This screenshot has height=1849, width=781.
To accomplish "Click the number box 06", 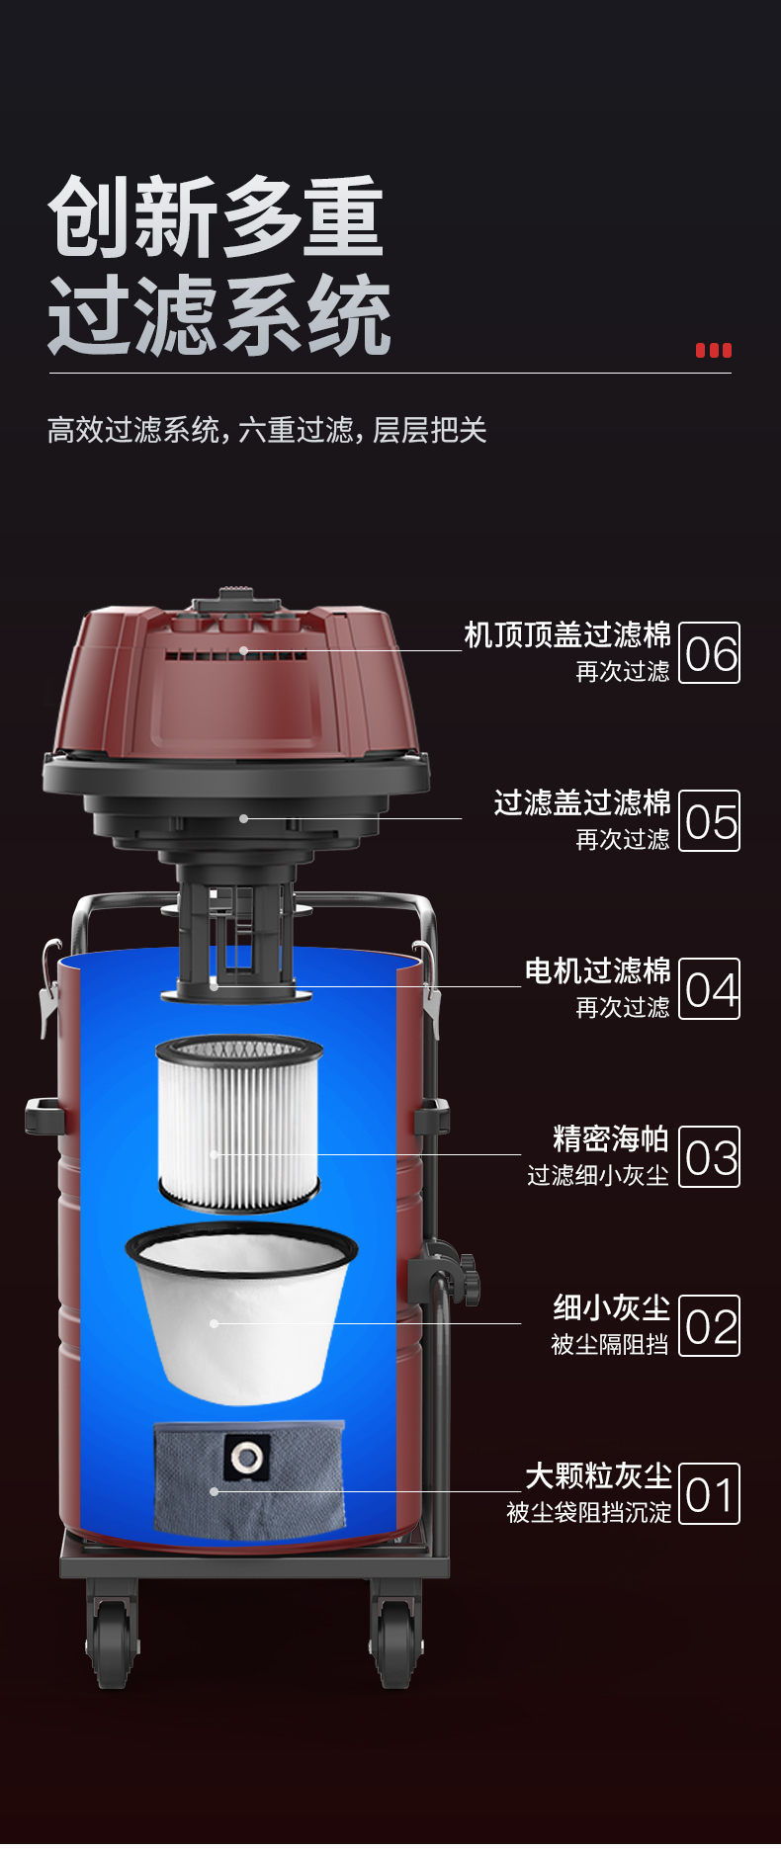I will (710, 652).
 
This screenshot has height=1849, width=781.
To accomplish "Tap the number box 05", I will (710, 820).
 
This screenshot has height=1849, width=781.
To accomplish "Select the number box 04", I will (710, 988).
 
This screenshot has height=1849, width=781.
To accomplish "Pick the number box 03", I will (710, 1156).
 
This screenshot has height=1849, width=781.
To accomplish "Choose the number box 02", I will (710, 1325).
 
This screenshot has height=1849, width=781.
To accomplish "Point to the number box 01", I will (710, 1493).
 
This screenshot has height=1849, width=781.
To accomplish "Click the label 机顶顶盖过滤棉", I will (567, 634).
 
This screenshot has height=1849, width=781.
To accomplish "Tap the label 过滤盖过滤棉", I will (582, 802).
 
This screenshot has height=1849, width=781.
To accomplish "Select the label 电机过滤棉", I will (597, 970).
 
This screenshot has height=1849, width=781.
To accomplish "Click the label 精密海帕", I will (611, 1138).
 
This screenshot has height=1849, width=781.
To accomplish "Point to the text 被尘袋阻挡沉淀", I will (588, 1512).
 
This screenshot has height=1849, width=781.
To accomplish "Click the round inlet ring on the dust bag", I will (247, 1455).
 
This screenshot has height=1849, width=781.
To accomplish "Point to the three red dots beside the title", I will (714, 350).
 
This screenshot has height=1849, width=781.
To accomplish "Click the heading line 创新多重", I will (216, 217).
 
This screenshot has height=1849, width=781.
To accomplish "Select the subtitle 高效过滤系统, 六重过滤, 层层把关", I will (267, 430).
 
